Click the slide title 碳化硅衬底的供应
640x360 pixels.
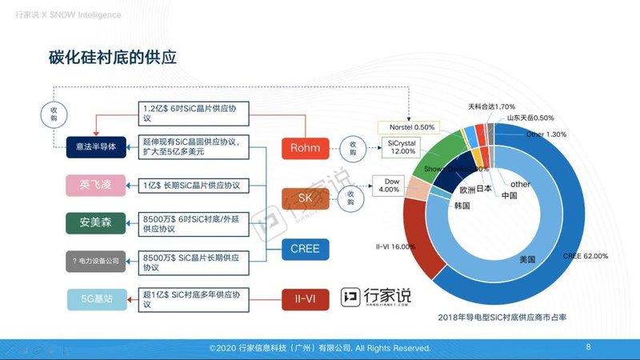tap(113, 58)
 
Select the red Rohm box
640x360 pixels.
tap(305, 148)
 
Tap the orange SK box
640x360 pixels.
tap(305, 196)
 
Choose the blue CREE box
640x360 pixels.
tap(305, 249)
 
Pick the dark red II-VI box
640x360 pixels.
tap(305, 299)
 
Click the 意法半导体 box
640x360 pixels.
tap(96, 146)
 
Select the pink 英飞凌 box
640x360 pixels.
tap(96, 185)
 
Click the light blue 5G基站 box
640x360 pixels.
tap(96, 299)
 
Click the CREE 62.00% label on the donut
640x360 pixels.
tap(586, 256)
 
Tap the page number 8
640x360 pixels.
tap(588, 347)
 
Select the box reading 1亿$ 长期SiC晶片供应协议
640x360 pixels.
tap(192, 185)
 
